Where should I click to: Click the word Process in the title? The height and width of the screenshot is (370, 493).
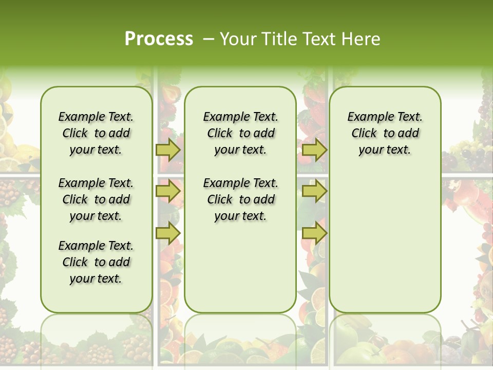click(x=159, y=39)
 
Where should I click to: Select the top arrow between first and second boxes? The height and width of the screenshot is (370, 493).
click(x=168, y=150)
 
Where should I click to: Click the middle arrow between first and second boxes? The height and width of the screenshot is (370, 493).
click(x=168, y=191)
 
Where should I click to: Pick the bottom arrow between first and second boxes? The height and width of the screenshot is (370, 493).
click(x=168, y=232)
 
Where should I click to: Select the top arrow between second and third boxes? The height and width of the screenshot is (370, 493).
click(x=314, y=150)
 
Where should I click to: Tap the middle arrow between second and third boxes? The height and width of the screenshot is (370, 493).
click(x=314, y=191)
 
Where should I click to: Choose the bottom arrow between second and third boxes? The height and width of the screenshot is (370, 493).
click(x=314, y=232)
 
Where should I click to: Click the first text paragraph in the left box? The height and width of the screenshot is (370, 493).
click(x=96, y=133)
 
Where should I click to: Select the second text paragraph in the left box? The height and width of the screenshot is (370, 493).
click(x=96, y=199)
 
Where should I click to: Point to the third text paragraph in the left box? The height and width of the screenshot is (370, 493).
click(x=96, y=262)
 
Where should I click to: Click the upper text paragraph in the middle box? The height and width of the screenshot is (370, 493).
click(x=240, y=133)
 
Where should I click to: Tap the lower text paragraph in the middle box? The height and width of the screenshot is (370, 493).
click(x=240, y=199)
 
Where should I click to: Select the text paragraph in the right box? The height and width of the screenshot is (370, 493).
click(x=385, y=133)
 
